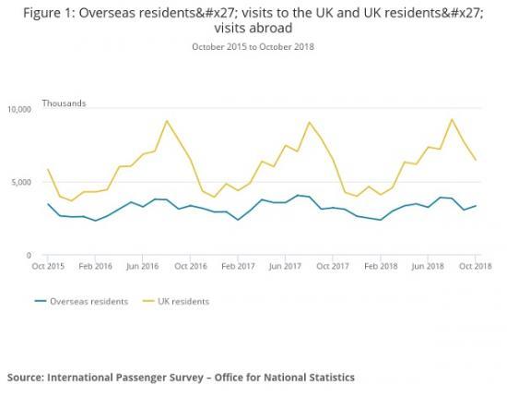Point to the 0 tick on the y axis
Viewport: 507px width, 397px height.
[x=29, y=255]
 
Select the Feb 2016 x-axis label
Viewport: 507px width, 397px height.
[x=96, y=266]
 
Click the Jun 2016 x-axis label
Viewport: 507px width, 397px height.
[x=143, y=266]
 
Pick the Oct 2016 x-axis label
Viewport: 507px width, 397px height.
[x=191, y=266]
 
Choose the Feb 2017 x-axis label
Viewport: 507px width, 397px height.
[x=238, y=266]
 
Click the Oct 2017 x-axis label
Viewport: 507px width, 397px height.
[x=333, y=266]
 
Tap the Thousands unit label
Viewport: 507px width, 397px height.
[x=64, y=103]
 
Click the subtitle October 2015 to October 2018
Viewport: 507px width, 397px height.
[x=253, y=46]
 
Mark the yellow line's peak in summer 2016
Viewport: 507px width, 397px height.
[x=166, y=121]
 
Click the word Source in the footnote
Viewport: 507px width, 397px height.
[x=28, y=377]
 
